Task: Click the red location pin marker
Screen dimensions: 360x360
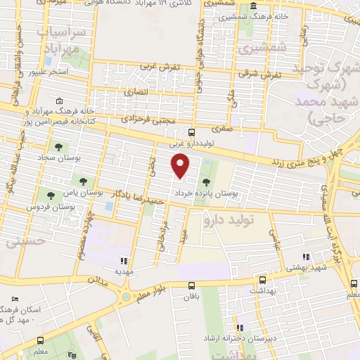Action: pyautogui.click(x=181, y=165)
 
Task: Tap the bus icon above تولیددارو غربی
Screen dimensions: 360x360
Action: pyautogui.click(x=191, y=132)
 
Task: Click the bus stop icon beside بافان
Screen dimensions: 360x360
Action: pyautogui.click(x=191, y=285)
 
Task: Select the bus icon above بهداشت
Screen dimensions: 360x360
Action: pyautogui.click(x=262, y=279)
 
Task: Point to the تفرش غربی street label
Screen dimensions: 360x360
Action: pyautogui.click(x=161, y=66)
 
